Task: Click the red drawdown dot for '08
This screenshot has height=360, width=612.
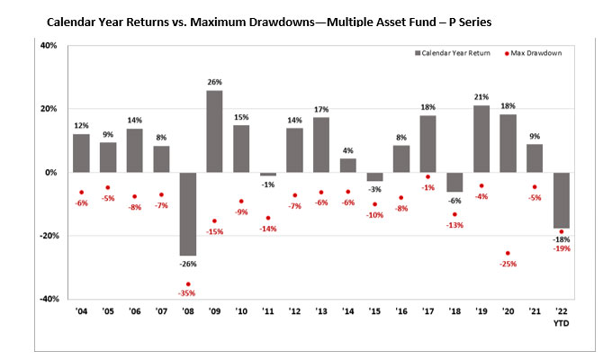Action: point(187,284)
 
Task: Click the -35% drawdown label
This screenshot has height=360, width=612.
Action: point(187,294)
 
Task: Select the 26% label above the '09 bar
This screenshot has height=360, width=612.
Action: point(214,83)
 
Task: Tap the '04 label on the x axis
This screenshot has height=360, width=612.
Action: point(81,314)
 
